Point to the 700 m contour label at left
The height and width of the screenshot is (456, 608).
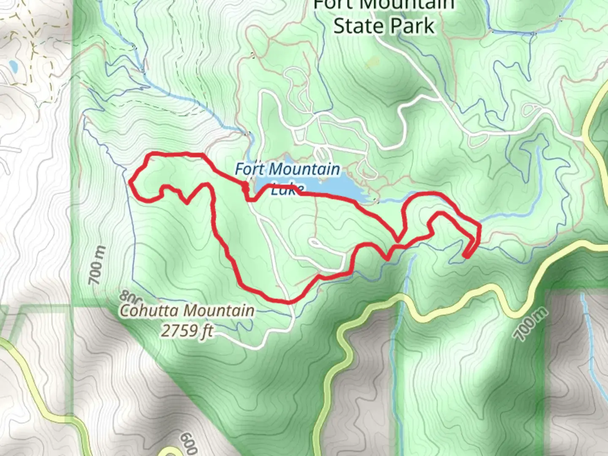97,266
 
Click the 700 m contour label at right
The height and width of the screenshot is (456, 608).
531,324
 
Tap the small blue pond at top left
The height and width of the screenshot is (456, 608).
13,66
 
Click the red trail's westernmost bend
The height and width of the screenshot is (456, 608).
130,182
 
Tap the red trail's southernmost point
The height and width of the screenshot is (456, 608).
287,301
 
